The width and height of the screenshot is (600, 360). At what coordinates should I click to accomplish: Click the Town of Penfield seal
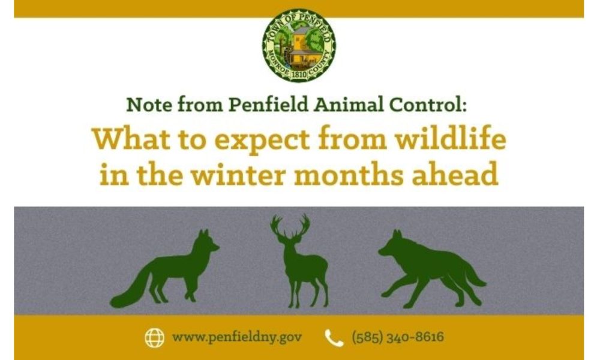pos(299,45)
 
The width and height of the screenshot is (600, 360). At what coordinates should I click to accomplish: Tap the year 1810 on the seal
pos(299,74)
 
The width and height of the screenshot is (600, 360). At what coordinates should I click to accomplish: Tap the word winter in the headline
pos(238,174)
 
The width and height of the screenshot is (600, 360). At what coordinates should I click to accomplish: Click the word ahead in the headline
pos(455,173)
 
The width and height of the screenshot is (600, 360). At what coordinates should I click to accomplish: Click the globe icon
pos(155,338)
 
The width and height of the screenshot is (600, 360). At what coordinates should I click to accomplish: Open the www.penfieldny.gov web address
pos(237,337)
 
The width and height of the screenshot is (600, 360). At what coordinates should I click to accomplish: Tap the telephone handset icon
pos(334,338)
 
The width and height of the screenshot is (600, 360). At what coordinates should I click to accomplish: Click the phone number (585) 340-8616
pos(398,337)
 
